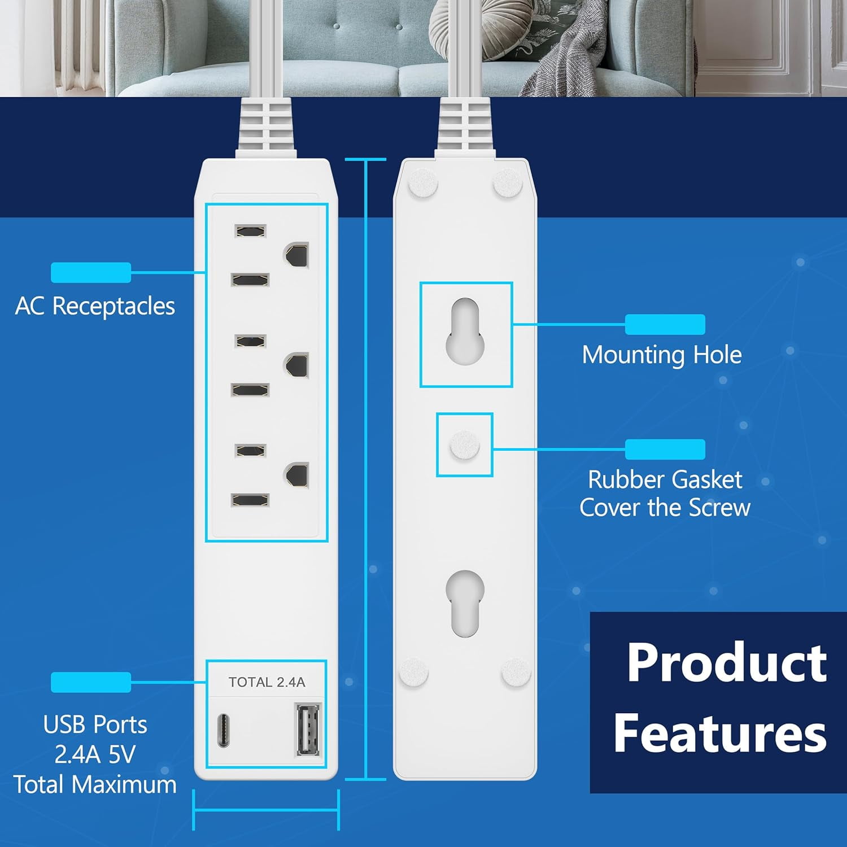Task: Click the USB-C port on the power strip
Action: click(224, 731)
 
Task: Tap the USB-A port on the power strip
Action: click(307, 729)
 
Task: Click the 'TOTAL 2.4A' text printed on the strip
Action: click(267, 682)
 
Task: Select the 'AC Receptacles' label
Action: click(95, 306)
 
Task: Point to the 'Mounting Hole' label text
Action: click(662, 355)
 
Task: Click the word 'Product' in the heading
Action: click(727, 663)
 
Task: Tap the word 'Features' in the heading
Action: click(720, 733)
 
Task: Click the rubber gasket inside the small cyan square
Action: click(464, 445)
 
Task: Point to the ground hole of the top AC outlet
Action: click(297, 255)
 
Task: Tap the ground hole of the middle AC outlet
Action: click(297, 365)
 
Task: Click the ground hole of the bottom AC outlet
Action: click(297, 475)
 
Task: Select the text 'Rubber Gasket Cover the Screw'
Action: click(665, 494)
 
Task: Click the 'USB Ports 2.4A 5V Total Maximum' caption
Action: click(95, 754)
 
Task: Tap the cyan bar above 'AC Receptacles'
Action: click(91, 272)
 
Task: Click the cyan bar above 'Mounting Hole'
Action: click(665, 324)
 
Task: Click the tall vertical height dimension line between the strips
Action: click(366, 469)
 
